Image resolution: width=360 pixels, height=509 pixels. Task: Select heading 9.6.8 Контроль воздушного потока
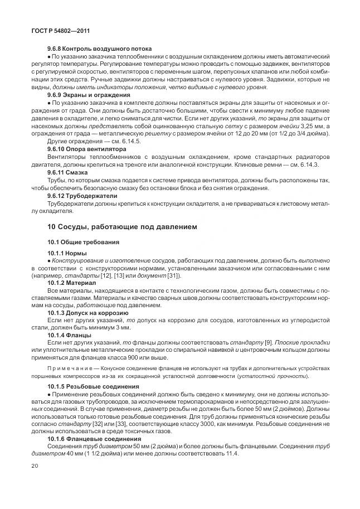[x=100, y=49]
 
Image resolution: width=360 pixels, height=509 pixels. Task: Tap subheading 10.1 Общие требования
[x=81, y=242]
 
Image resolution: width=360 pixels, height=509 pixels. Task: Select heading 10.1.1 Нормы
[x=67, y=253]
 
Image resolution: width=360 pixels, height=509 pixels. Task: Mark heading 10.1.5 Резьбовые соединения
[x=93, y=386]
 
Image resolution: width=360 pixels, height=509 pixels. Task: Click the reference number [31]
[x=174, y=275]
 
